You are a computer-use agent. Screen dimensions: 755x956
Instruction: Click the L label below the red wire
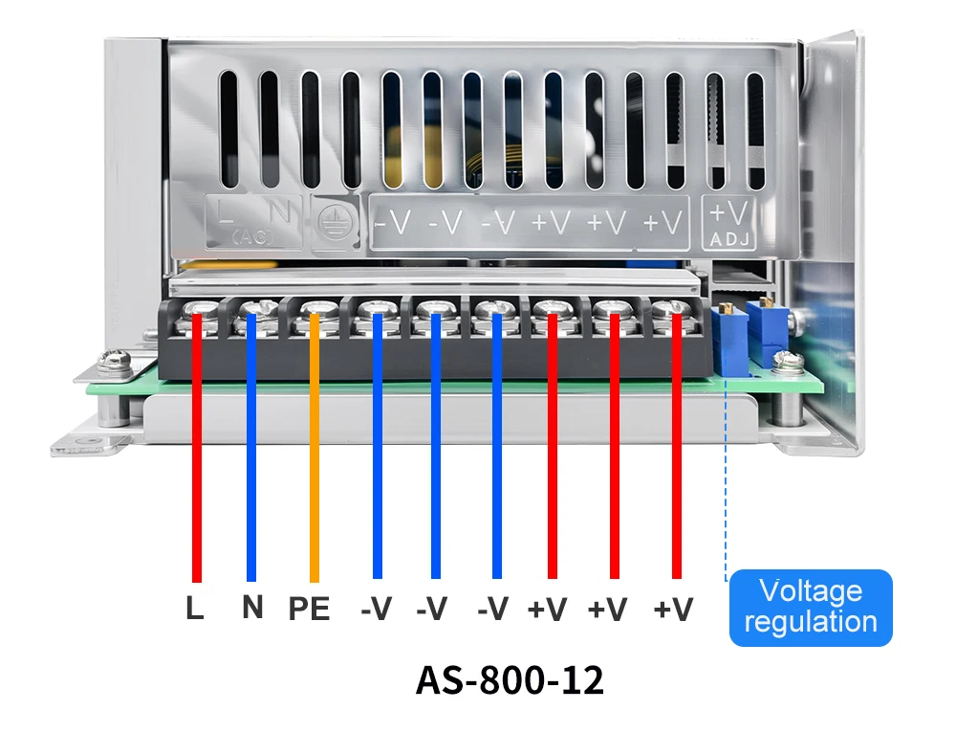(195, 608)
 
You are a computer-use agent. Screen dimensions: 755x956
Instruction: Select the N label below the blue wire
(252, 607)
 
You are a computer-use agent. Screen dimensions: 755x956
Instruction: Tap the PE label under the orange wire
(309, 610)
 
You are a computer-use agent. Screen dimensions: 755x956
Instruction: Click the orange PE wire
(314, 450)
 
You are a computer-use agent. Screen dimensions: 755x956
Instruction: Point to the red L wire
(197, 450)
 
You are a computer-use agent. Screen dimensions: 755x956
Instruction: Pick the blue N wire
(251, 450)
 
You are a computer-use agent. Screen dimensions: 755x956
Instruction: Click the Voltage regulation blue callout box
(810, 607)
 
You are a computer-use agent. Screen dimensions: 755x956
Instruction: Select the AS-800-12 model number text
(510, 680)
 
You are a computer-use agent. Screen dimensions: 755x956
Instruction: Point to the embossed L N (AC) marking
(254, 220)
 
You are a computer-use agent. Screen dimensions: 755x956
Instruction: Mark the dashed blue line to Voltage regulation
(726, 478)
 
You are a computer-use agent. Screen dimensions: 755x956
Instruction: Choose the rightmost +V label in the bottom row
(673, 609)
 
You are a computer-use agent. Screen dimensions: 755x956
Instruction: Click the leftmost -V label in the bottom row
(377, 609)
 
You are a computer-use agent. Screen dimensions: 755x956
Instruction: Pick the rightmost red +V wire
(676, 450)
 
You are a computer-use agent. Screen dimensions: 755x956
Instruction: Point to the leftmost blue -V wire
(378, 450)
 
